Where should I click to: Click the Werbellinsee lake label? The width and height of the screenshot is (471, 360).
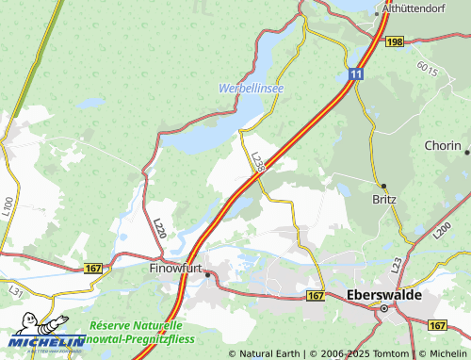click(x=252, y=88)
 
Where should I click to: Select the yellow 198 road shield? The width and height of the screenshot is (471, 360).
click(x=394, y=42)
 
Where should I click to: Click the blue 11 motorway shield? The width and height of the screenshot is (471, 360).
click(x=354, y=73)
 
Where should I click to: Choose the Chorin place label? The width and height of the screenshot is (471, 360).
click(x=442, y=146)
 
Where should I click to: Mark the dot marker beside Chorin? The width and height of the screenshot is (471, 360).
click(x=467, y=149)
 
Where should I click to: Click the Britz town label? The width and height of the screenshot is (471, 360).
click(x=384, y=199)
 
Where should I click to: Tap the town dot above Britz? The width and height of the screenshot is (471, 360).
click(x=383, y=186)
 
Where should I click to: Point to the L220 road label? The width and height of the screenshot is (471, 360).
click(x=160, y=228)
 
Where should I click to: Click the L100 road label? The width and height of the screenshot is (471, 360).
click(x=8, y=205)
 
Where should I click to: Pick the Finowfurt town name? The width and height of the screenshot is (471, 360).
click(x=175, y=268)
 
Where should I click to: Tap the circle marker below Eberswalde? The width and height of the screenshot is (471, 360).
click(x=384, y=307)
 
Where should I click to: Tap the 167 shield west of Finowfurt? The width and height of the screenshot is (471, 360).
click(x=93, y=269)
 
